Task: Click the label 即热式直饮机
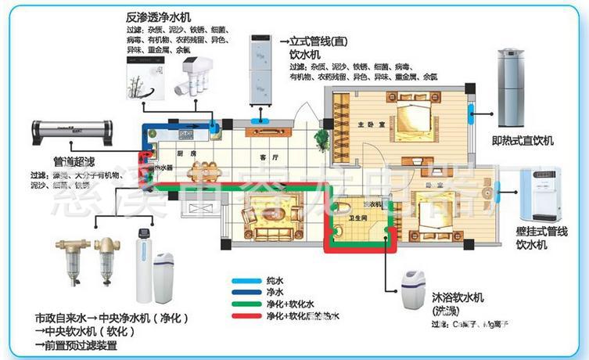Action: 523,140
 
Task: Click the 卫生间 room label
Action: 348,220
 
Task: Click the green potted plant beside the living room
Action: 321,138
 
